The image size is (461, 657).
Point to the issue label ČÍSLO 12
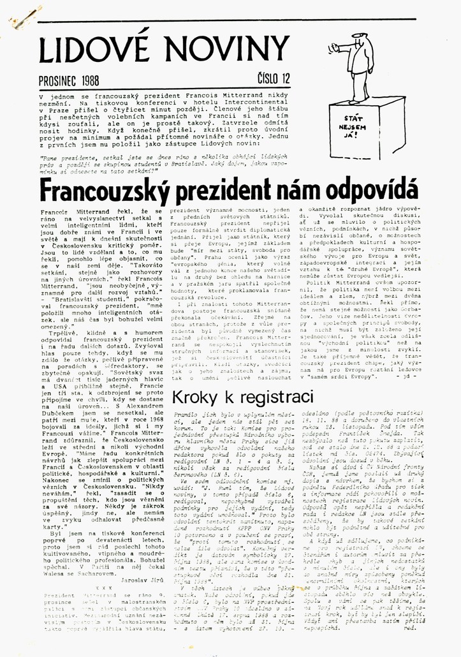click(274, 78)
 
